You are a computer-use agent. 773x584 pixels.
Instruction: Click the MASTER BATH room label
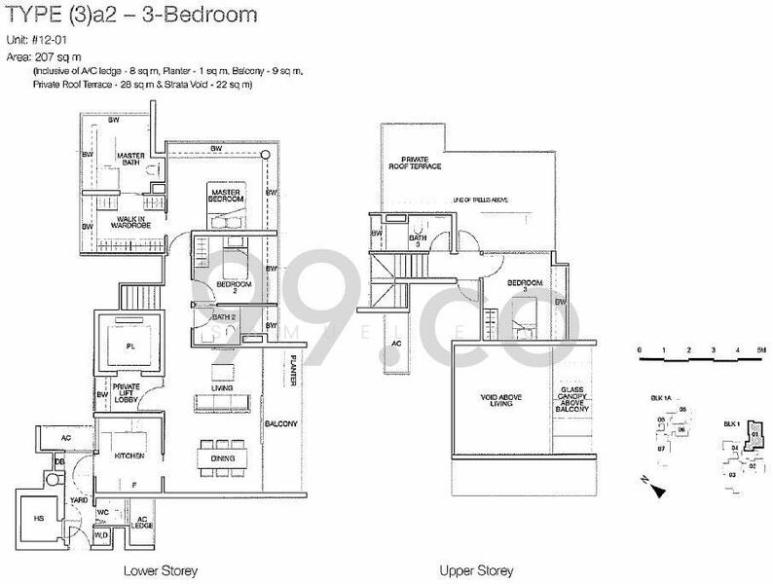click(130, 161)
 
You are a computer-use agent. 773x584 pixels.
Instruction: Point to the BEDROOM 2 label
click(234, 287)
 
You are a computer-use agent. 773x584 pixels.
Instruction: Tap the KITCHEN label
click(129, 456)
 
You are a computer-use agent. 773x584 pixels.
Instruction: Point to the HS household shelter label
click(38, 519)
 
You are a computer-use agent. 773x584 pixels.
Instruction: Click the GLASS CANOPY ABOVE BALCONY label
click(571, 399)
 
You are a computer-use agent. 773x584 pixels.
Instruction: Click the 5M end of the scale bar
click(762, 348)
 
